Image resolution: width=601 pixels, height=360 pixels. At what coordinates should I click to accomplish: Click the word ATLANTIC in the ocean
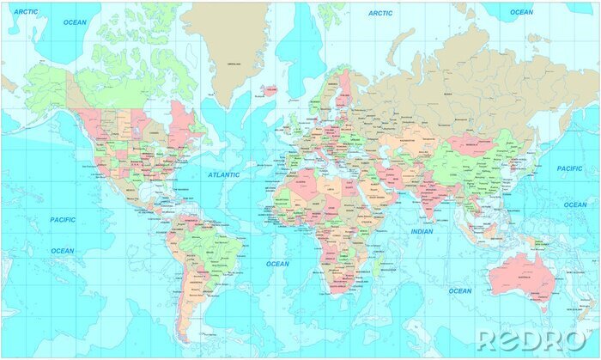click(x=224, y=174)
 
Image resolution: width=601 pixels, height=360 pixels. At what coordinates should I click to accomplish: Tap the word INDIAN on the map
click(x=422, y=231)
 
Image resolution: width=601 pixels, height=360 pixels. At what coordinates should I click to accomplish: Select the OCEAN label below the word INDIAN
click(x=460, y=290)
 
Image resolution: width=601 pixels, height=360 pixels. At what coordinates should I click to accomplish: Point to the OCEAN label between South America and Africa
click(x=277, y=264)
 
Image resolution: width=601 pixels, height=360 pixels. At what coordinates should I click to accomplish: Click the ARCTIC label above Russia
click(x=380, y=13)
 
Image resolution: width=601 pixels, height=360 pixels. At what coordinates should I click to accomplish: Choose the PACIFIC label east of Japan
click(x=569, y=168)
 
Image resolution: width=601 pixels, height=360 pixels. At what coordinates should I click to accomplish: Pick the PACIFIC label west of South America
click(x=62, y=219)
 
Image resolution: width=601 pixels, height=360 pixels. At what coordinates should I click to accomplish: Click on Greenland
click(x=232, y=52)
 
